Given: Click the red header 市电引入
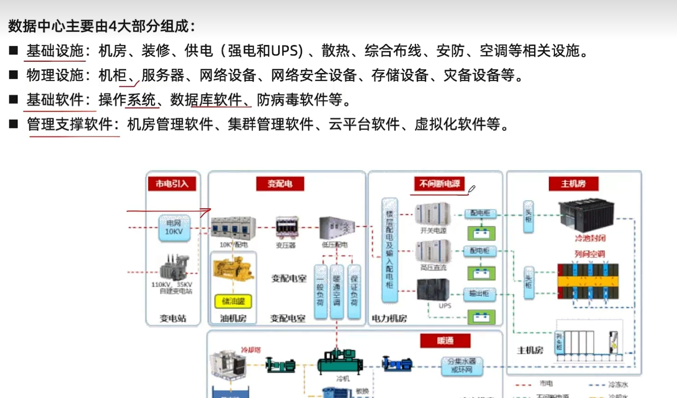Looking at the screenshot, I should [x=172, y=184].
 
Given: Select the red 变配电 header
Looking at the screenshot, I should [x=280, y=184].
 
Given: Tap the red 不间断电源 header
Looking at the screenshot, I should [x=439, y=184].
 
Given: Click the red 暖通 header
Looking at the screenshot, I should [x=445, y=341].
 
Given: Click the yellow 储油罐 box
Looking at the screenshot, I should [x=233, y=301].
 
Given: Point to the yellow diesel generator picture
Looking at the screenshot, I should [x=233, y=269].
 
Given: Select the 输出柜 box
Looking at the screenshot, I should [x=479, y=294].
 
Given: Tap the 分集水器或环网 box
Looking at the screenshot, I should [x=461, y=365].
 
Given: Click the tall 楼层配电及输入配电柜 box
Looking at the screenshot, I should [x=390, y=250].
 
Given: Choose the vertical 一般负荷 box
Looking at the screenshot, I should [x=320, y=291].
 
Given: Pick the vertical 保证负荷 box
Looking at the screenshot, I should [x=354, y=291].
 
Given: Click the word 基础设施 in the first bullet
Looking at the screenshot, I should [x=55, y=50].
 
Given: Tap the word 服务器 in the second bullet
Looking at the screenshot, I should [x=163, y=75].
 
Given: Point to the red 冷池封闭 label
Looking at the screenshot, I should [x=590, y=238].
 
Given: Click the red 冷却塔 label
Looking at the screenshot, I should [x=251, y=350].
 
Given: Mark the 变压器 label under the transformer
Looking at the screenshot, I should [x=286, y=245].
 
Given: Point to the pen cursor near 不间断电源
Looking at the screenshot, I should [x=471, y=189].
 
